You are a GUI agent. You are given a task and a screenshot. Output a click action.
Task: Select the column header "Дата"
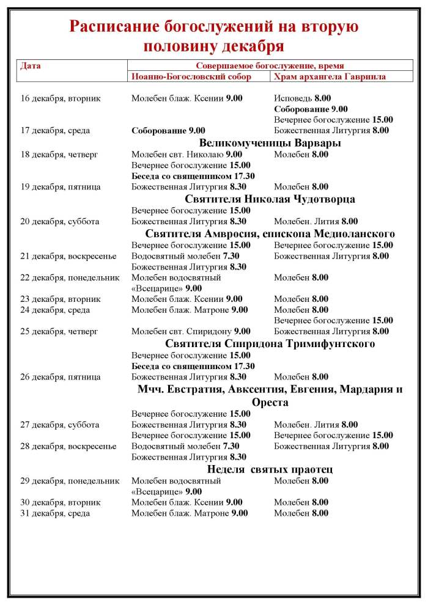pyautogui.click(x=31, y=65)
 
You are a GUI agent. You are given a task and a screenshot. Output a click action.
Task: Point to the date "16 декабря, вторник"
pyautogui.click(x=60, y=98)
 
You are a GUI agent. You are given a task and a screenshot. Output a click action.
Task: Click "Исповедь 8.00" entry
pyautogui.click(x=302, y=98)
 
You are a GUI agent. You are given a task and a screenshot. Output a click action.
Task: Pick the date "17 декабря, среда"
pyautogui.click(x=56, y=130)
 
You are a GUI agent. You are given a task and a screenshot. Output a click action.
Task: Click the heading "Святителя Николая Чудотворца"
pyautogui.click(x=270, y=199)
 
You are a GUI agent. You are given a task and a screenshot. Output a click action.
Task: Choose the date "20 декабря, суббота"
pyautogui.click(x=60, y=222)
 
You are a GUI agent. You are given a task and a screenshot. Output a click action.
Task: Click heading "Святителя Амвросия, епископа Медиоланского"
pyautogui.click(x=270, y=234)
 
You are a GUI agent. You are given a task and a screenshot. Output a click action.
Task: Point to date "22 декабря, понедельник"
pyautogui.click(x=70, y=278)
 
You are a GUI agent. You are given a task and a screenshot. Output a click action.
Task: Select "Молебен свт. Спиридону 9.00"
pyautogui.click(x=191, y=332)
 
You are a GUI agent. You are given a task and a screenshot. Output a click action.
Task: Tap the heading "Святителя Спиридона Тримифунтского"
pyautogui.click(x=270, y=343)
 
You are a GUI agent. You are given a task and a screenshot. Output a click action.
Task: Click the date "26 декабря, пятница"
pyautogui.click(x=61, y=377)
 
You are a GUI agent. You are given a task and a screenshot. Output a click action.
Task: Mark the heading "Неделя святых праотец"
pyautogui.click(x=270, y=469)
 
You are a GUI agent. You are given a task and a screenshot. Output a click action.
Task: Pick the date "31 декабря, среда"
pyautogui.click(x=56, y=513)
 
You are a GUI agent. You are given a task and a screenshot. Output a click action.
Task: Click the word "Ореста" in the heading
pyautogui.click(x=270, y=403)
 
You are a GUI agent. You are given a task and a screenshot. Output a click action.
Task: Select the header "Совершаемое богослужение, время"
pyautogui.click(x=270, y=65)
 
